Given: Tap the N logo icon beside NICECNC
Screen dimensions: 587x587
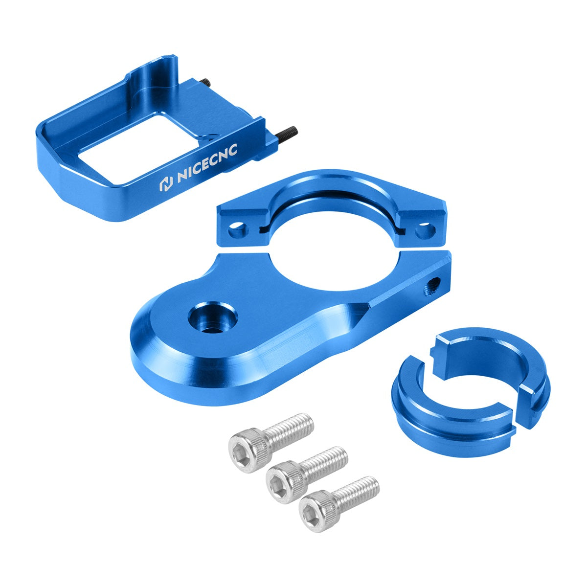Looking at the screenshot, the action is tap(166, 183).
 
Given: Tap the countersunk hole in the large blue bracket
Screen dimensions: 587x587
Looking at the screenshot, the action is tap(213, 318).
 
